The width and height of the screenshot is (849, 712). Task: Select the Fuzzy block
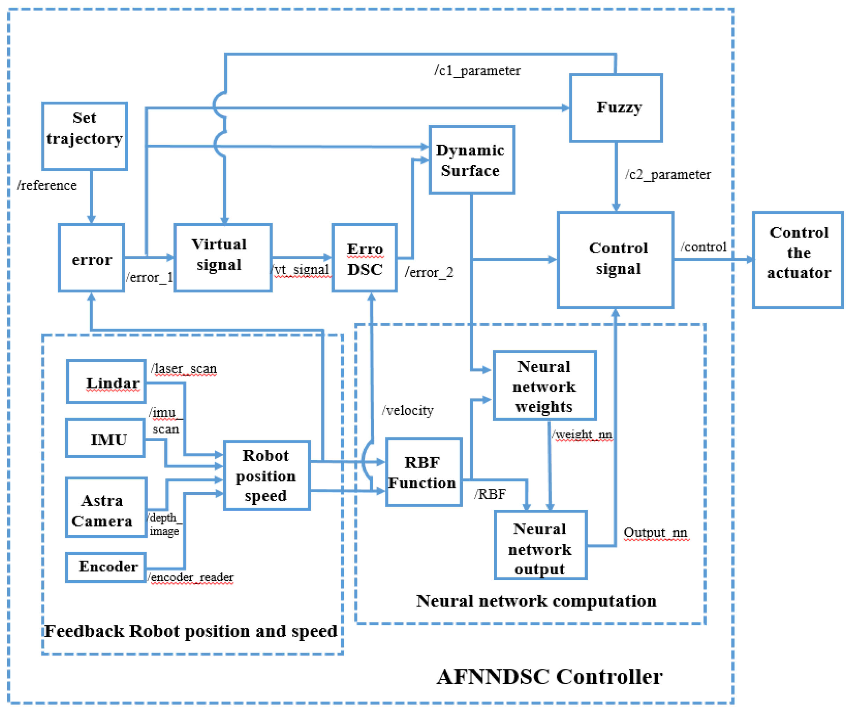point(616,108)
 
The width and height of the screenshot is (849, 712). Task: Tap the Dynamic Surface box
point(472,160)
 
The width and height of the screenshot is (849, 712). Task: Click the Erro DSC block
point(364,258)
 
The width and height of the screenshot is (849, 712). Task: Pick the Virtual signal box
point(223,257)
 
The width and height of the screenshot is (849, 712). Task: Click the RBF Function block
point(423,472)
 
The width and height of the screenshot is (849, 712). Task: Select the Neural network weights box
point(544,385)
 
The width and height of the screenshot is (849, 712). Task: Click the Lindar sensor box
point(106,382)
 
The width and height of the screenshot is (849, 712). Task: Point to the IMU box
point(105,438)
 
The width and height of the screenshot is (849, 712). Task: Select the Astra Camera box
point(106,507)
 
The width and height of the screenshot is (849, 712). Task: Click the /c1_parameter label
point(477,71)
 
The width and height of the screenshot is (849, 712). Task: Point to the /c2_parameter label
point(668,174)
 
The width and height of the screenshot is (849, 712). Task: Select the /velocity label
point(407,411)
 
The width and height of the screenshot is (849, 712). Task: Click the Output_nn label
point(655,533)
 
